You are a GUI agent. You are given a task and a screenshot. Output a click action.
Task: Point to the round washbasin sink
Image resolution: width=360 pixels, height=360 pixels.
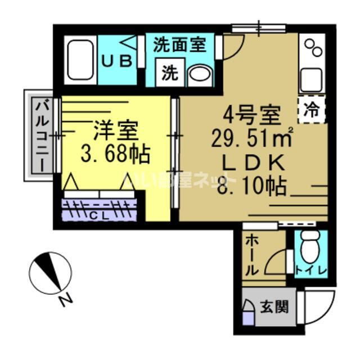click(x=198, y=73)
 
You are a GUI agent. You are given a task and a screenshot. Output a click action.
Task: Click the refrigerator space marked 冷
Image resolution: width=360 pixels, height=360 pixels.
click(x=311, y=109)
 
